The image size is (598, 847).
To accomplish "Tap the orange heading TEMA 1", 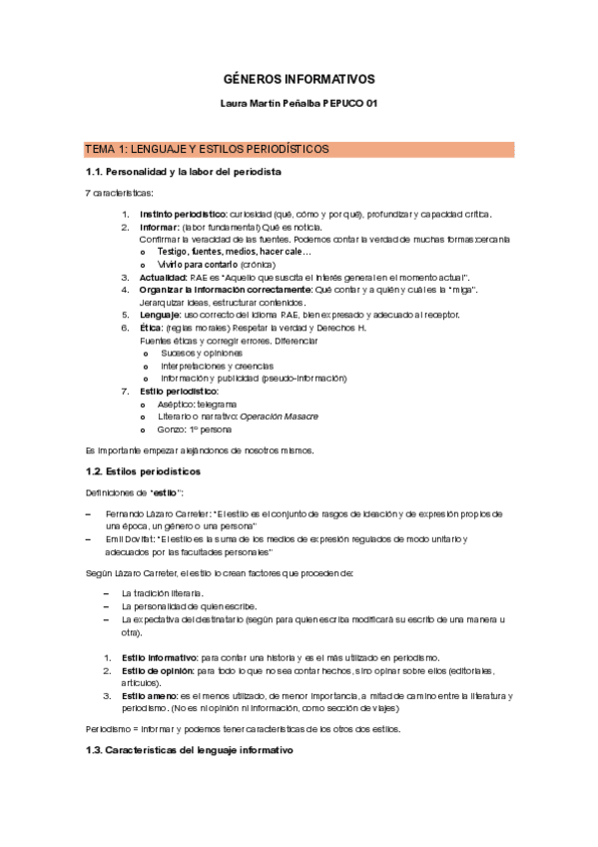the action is (207, 150).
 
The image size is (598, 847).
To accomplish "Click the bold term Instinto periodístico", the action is (183, 214).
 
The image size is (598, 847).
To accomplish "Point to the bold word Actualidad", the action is (164, 277).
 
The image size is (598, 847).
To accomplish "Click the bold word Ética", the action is (152, 328).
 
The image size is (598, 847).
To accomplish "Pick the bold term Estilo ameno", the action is (150, 695).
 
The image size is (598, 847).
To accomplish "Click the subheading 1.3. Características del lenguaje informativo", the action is (189, 750).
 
